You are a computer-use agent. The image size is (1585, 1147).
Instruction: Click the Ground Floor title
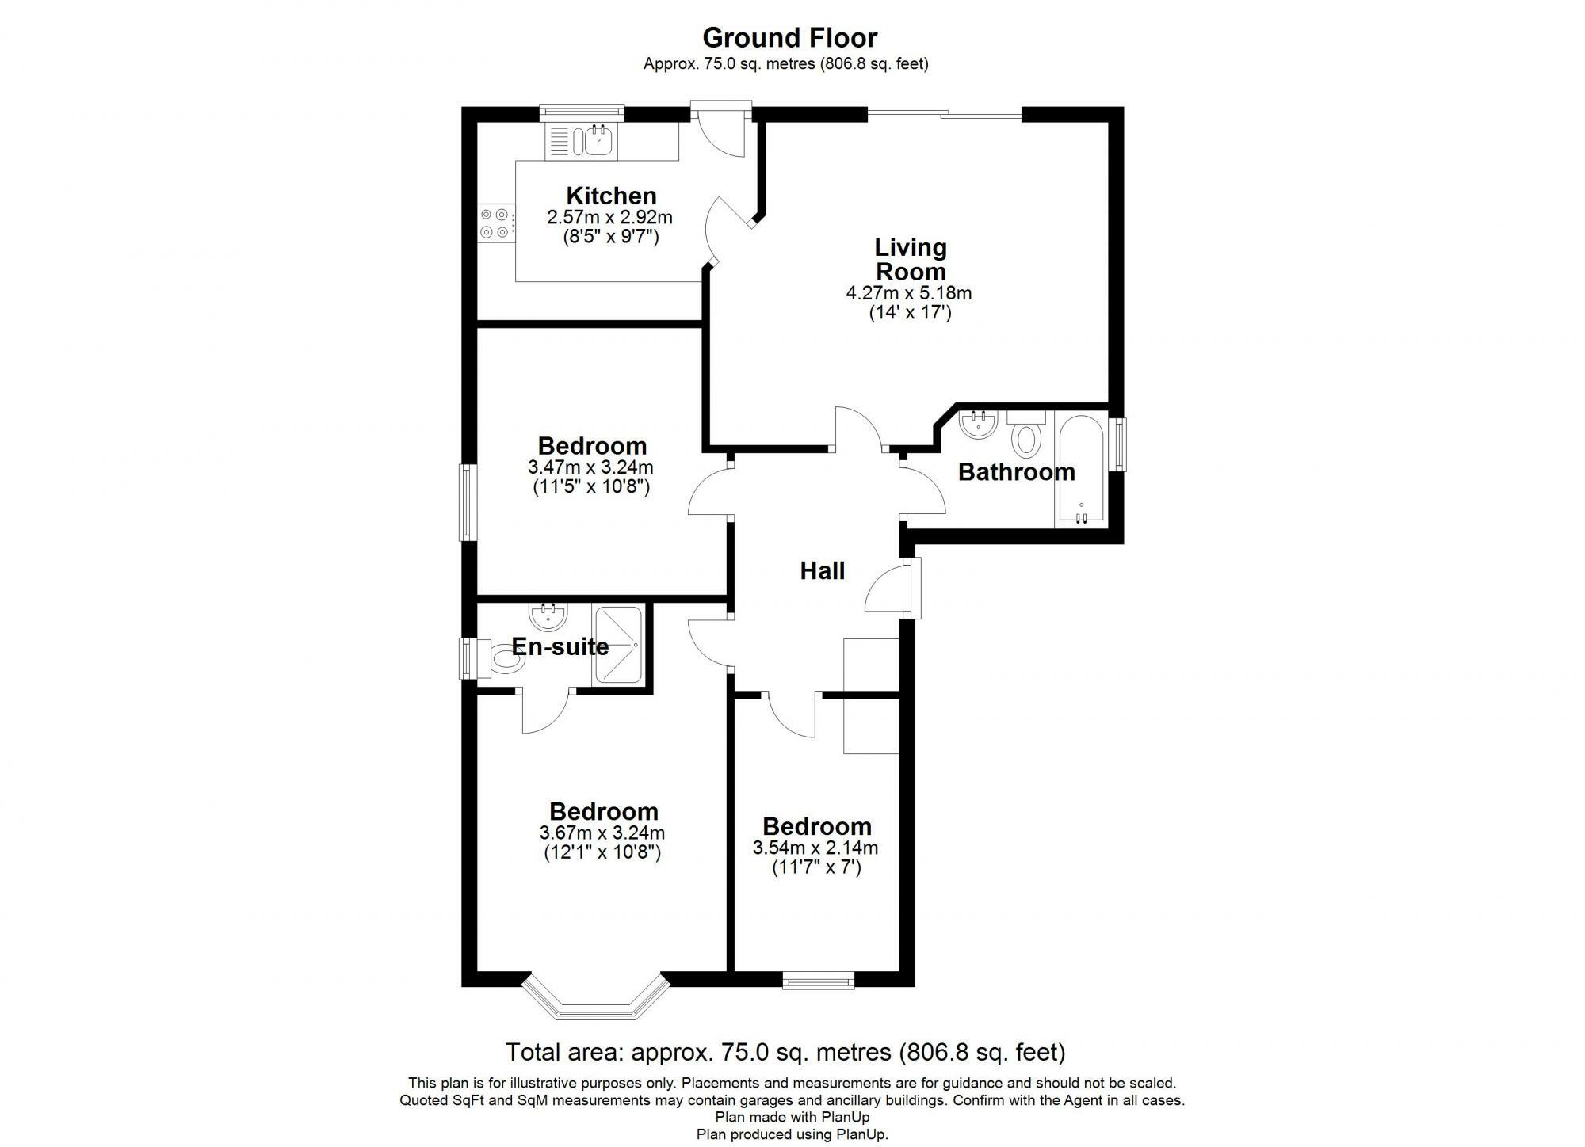[789, 38]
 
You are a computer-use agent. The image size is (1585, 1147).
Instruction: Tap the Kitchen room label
[610, 196]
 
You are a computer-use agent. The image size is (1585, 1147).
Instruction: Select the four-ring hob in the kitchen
[495, 223]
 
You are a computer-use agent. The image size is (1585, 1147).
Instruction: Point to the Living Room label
[910, 259]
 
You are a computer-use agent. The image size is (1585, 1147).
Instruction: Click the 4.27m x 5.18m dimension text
[908, 293]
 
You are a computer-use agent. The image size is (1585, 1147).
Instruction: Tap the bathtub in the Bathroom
[1080, 467]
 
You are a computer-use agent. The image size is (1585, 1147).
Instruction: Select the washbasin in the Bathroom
[979, 425]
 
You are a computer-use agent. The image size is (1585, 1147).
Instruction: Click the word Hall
[822, 570]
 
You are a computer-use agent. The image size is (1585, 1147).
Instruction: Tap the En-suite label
[560, 646]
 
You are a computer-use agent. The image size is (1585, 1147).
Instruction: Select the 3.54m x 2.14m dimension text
[815, 848]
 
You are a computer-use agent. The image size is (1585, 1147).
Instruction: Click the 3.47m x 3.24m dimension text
[590, 467]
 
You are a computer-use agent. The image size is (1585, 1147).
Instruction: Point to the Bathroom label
[1016, 472]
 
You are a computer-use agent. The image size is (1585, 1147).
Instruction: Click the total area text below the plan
[785, 1052]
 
